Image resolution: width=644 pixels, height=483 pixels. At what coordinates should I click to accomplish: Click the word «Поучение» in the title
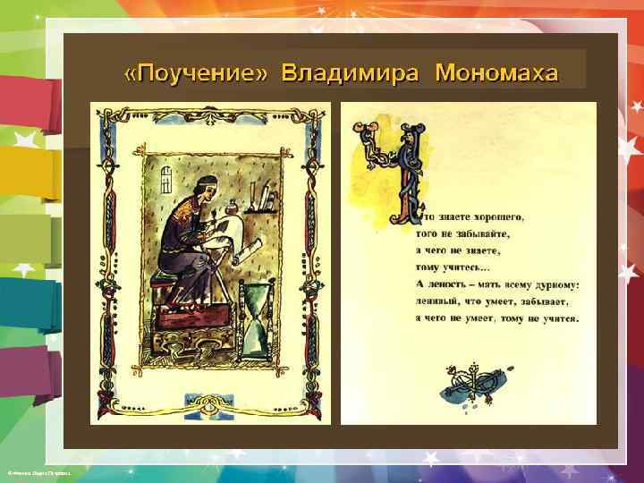click(195, 72)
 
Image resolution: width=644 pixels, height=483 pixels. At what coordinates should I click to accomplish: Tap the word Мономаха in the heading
click(496, 72)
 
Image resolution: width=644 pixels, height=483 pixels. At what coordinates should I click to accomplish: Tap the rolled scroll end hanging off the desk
click(250, 244)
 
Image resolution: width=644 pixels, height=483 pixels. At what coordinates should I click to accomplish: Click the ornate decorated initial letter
click(394, 174)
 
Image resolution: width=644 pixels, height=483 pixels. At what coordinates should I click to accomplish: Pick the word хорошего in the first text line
click(496, 216)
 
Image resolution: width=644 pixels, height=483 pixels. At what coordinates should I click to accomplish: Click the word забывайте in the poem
click(480, 233)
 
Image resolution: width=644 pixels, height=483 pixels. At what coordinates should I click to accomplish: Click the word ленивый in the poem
click(438, 301)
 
